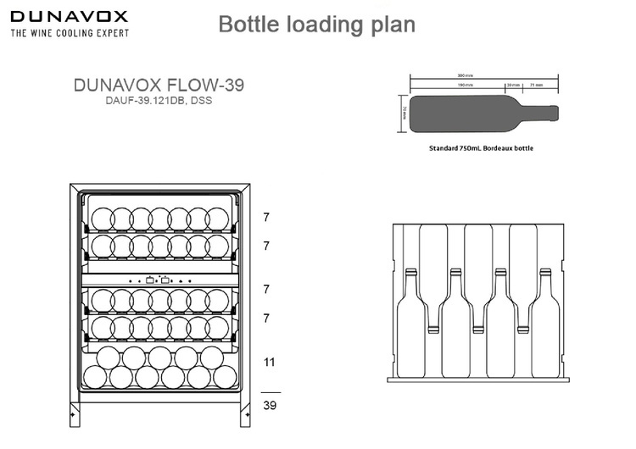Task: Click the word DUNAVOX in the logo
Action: (69, 16)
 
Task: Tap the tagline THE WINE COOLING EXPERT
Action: (69, 33)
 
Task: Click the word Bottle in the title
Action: (249, 24)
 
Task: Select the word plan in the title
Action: (393, 24)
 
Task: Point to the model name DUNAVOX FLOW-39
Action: (160, 86)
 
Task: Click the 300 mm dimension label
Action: (465, 75)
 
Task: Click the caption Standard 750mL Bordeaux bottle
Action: (481, 147)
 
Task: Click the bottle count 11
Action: (270, 362)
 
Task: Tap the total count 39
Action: (270, 405)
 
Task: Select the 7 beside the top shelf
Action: (266, 218)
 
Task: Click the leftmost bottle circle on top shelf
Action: (100, 218)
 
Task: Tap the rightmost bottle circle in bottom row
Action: (225, 377)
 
